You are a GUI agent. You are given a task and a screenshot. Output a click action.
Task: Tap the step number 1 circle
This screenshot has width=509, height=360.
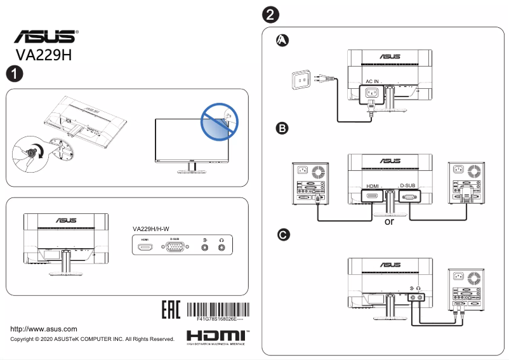pos(14,74)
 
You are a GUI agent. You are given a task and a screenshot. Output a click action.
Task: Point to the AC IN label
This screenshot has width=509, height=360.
pos(372,82)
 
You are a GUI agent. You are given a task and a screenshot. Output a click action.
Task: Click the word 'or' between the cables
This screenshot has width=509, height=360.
pos(390,222)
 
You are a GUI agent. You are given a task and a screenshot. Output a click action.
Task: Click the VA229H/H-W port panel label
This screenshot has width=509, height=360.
pos(155,229)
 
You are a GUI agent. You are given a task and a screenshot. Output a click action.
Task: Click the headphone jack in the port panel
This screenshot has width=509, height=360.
pos(221,247)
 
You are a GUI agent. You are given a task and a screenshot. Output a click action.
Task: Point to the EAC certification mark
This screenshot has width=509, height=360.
pos(171,310)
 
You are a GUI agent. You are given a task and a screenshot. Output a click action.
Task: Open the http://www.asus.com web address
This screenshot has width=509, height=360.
pos(44,329)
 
